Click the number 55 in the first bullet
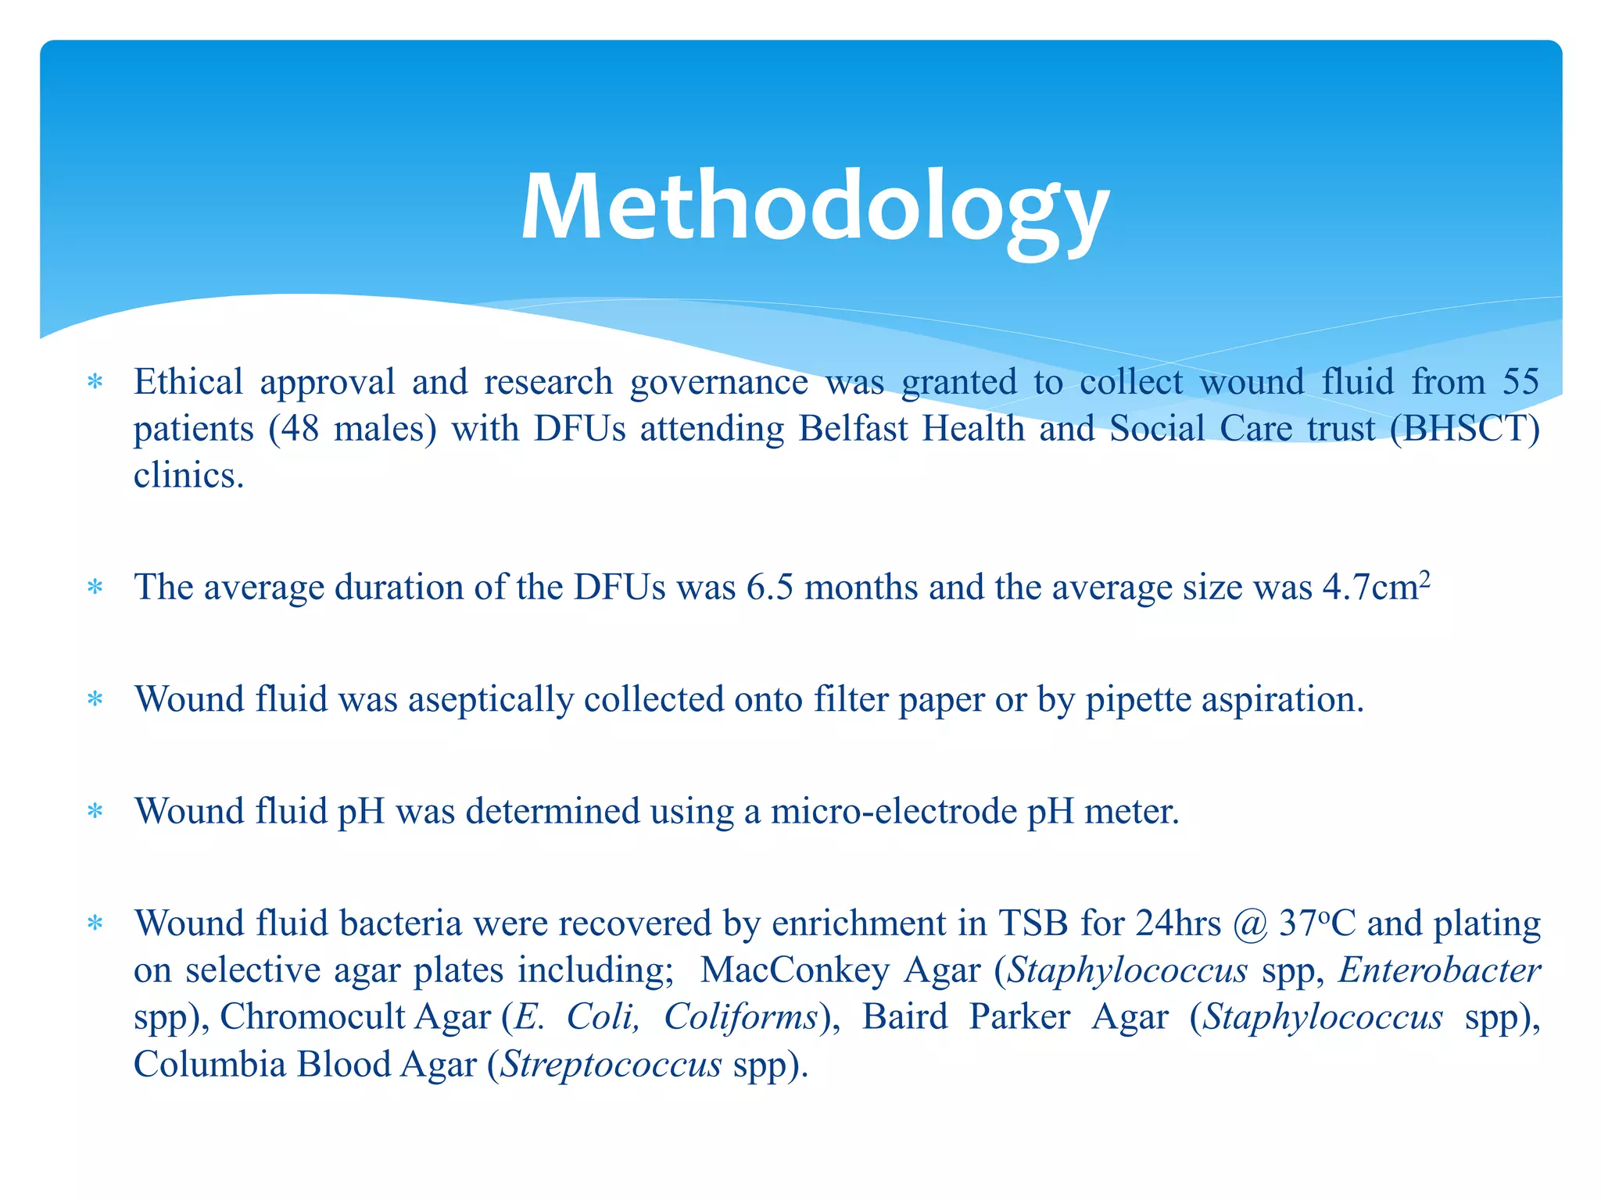(1520, 382)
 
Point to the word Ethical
(188, 382)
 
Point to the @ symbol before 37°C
(1250, 924)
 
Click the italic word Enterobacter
(1439, 970)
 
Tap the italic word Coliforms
(740, 1017)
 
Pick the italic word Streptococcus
(611, 1064)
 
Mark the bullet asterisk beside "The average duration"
(95, 587)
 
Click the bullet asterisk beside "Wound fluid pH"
(95, 812)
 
